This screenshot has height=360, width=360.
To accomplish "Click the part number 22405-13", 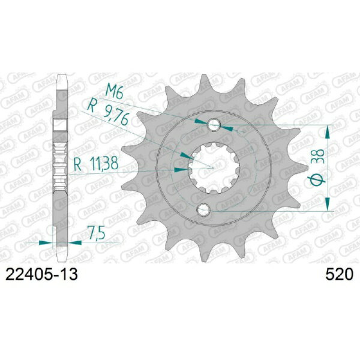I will (41, 275).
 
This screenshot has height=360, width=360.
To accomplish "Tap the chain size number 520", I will (337, 275).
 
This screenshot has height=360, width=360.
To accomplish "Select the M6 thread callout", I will (115, 91).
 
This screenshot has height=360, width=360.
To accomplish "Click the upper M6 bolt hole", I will (214, 125).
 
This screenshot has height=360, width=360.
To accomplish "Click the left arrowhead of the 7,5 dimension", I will (49, 243).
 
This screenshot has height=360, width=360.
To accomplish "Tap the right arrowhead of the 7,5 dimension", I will (73, 243).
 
